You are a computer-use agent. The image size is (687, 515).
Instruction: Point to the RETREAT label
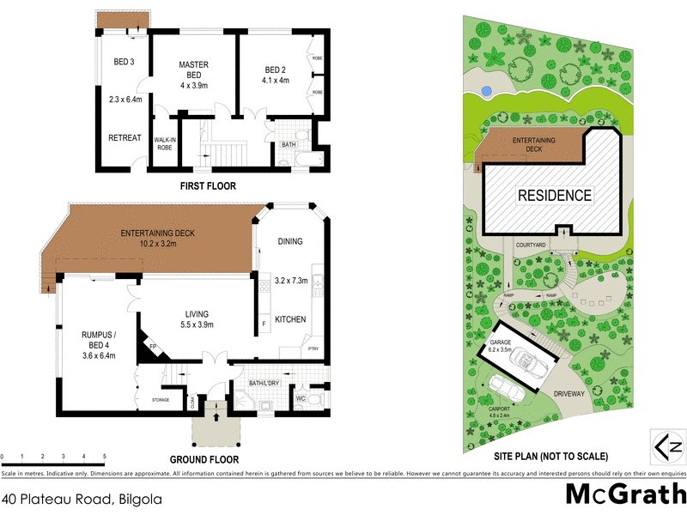point(125,137)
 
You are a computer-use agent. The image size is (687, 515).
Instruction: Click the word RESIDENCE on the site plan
point(554,195)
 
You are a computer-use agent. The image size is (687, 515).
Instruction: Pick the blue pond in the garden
point(486,89)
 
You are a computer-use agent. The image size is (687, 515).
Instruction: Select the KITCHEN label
point(290,319)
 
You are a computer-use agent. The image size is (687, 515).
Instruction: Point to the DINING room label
point(290,241)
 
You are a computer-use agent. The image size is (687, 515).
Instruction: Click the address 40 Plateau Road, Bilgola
point(82,497)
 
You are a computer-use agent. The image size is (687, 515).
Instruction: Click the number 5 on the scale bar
point(105,456)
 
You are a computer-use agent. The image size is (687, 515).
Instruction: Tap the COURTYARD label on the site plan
point(532,245)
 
